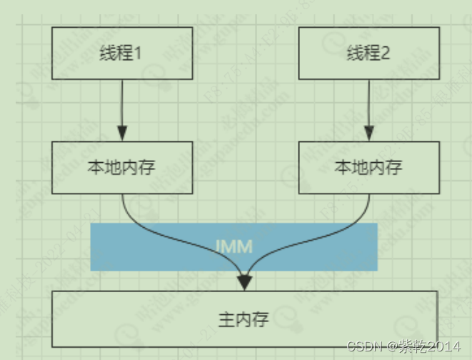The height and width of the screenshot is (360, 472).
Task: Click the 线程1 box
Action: point(121,53)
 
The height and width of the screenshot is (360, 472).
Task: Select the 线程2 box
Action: point(368,53)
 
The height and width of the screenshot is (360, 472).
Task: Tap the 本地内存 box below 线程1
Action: point(121,167)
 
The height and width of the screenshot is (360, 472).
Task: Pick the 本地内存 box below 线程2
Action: point(368,167)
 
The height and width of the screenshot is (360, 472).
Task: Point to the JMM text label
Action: point(234,246)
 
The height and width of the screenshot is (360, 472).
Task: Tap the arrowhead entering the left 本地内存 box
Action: point(122,134)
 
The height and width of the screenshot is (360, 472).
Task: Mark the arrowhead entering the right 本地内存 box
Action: point(368,134)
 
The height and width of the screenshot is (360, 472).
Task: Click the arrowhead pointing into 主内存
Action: point(245,283)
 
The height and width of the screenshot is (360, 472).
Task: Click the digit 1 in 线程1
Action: point(140,54)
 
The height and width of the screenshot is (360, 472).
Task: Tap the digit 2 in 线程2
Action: point(386,54)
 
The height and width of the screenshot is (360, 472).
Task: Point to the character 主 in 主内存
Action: point(226,319)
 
